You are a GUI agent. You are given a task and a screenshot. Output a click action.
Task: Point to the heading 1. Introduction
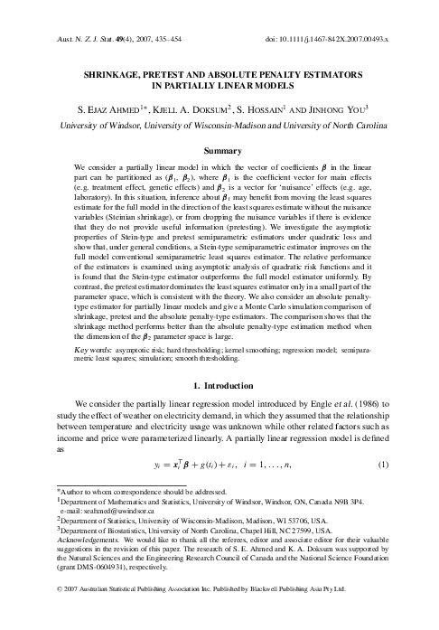point(219,390)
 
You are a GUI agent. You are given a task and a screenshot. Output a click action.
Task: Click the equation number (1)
point(382,465)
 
